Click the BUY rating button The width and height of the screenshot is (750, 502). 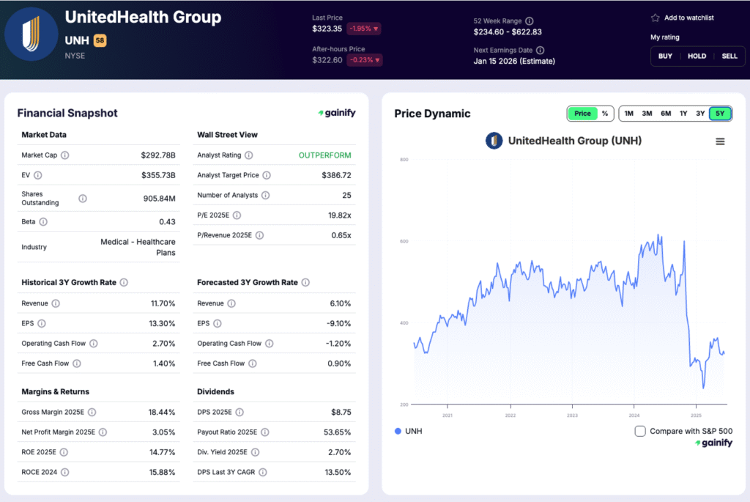(665, 56)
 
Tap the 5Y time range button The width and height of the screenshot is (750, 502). (720, 114)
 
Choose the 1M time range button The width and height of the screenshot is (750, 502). (628, 114)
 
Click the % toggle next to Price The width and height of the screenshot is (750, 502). (605, 114)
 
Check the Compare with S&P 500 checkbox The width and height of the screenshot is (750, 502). (640, 431)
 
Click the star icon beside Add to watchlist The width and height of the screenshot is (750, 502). (655, 18)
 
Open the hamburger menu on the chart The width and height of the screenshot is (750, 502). (720, 141)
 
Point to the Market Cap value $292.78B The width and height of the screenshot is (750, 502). (158, 155)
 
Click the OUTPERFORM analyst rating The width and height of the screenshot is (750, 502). (324, 155)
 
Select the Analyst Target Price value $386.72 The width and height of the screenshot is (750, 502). (336, 175)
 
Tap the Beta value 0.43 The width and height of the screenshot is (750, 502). (167, 221)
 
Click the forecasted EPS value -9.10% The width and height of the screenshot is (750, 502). (337, 323)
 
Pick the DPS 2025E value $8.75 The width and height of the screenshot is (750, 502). (341, 413)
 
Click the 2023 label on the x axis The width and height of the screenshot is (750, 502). (572, 415)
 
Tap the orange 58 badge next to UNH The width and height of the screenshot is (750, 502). (100, 40)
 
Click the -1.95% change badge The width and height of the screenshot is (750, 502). (364, 29)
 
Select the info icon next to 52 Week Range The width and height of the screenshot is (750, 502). (530, 21)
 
